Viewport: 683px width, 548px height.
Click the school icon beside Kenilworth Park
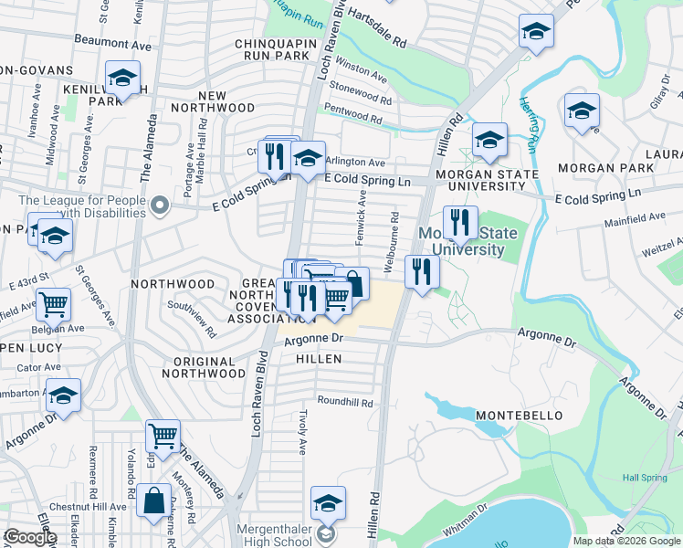pyautogui.click(x=121, y=79)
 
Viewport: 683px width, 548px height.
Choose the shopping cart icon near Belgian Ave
pyautogui.click(x=53, y=303)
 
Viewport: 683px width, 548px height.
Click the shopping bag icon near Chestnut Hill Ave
pyautogui.click(x=154, y=501)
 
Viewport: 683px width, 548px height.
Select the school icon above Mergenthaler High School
pyautogui.click(x=328, y=503)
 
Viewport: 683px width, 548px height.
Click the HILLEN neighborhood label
pyautogui.click(x=319, y=359)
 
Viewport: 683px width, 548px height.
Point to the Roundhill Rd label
pyautogui.click(x=345, y=402)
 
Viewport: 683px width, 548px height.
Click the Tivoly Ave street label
pyautogui.click(x=302, y=430)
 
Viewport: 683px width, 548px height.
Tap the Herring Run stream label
pyautogui.click(x=528, y=124)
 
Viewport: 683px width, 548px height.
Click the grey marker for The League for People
pyautogui.click(x=161, y=205)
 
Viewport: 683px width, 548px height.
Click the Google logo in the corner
pyautogui.click(x=31, y=537)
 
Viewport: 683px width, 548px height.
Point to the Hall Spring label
pyautogui.click(x=644, y=477)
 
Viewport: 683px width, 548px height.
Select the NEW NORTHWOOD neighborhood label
pyautogui.click(x=212, y=102)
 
